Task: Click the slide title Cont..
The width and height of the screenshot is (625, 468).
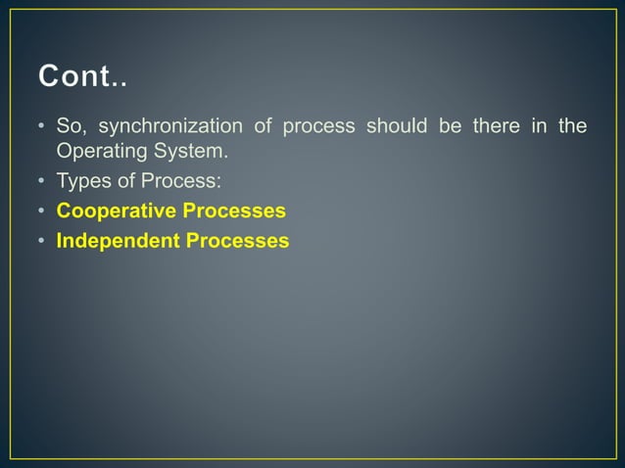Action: point(82,75)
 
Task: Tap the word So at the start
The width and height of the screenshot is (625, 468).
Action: point(70,126)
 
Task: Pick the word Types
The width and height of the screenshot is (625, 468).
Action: point(83,181)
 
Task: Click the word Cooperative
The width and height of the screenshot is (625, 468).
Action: point(116,211)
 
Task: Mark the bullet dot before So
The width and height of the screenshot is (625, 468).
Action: point(42,127)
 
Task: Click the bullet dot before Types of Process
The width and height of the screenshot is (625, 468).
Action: point(42,182)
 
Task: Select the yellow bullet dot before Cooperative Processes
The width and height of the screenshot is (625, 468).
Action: point(42,211)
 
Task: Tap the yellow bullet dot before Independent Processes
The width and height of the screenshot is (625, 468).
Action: point(42,241)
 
